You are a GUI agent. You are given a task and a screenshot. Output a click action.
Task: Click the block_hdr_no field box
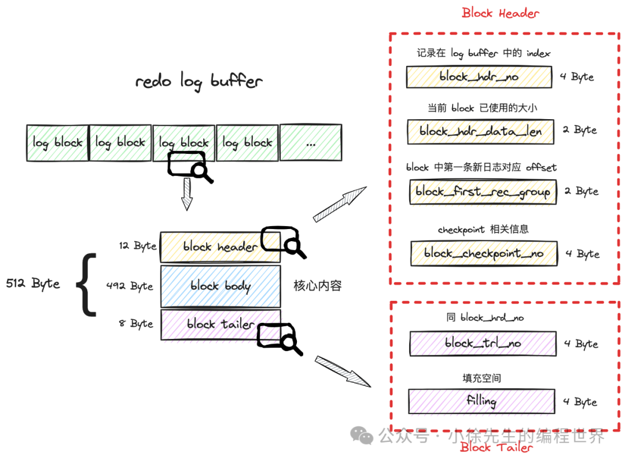[479, 77]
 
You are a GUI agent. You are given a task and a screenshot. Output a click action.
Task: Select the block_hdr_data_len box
[480, 131]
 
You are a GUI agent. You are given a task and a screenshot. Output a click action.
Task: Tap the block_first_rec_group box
[483, 191]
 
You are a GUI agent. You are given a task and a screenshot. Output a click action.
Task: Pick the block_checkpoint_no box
[484, 253]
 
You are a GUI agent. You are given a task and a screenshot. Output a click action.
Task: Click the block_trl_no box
[483, 343]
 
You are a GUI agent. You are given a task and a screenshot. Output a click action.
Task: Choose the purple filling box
[481, 401]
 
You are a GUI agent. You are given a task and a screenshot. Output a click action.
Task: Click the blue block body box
[220, 286]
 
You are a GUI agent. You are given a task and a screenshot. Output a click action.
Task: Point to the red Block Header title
[500, 13]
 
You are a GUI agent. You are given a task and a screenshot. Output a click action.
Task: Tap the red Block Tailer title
[497, 447]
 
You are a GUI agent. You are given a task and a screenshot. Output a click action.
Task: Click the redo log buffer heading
[199, 82]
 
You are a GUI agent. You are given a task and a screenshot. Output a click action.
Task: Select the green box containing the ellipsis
[311, 143]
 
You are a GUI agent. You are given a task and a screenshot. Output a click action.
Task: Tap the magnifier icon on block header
[284, 242]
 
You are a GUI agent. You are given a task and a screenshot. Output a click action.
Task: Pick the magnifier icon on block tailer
[280, 339]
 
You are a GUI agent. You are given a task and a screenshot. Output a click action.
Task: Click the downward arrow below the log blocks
[186, 194]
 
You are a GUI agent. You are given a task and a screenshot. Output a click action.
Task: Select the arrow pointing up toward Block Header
[339, 204]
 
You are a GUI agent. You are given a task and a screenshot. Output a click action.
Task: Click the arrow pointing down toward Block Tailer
[343, 371]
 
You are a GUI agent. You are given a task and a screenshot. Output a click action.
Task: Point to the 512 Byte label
[33, 283]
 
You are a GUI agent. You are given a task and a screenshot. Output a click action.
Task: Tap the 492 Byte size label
[130, 286]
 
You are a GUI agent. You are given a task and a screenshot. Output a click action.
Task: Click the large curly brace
[86, 285]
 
